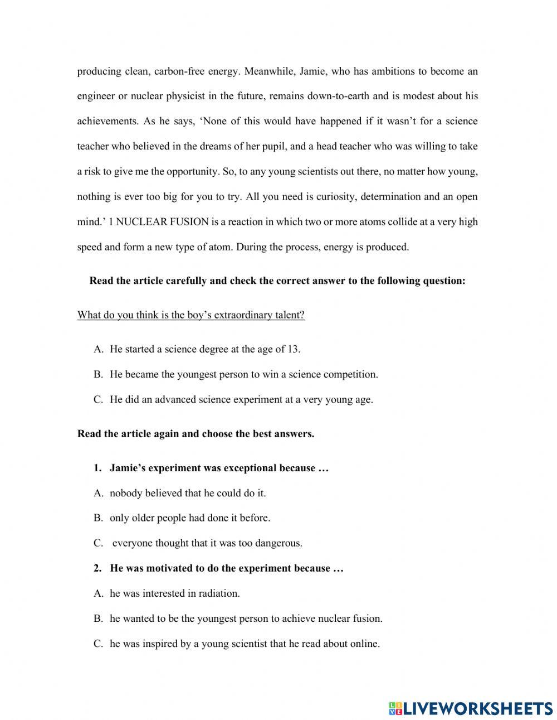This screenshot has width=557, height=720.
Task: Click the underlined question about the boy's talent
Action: point(191,315)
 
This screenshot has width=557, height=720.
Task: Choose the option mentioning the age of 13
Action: point(205,350)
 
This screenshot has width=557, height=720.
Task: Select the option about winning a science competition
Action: point(244,375)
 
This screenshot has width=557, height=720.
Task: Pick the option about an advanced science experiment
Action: point(241,400)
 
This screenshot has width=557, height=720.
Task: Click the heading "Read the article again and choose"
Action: point(196,434)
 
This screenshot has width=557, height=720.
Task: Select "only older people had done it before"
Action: point(190,518)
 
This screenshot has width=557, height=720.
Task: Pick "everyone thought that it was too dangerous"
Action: point(207,543)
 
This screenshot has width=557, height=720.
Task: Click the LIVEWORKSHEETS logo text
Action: point(478,708)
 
